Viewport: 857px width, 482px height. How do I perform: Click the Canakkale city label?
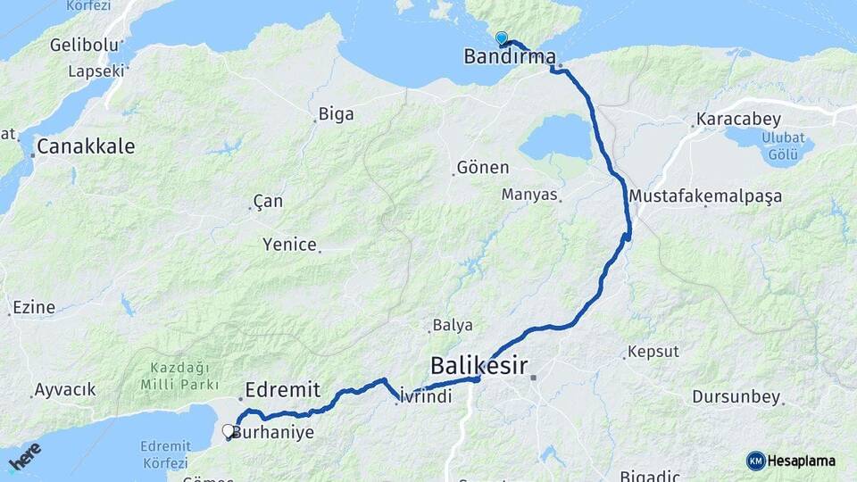[x=86, y=146]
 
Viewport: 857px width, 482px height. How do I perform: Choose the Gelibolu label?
[x=85, y=45]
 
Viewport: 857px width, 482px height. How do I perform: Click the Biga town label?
[x=337, y=114]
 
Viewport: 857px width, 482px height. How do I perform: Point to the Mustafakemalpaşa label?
[x=705, y=195]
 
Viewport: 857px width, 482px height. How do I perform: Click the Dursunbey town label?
[x=736, y=397]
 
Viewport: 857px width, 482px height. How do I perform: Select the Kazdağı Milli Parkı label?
[x=179, y=376]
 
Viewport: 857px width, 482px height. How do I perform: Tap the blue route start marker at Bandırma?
[x=502, y=38]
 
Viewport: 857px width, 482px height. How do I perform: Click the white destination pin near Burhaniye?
[x=228, y=431]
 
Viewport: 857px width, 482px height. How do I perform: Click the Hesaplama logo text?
[x=802, y=461]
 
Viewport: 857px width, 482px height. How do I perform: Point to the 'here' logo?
[x=24, y=456]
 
